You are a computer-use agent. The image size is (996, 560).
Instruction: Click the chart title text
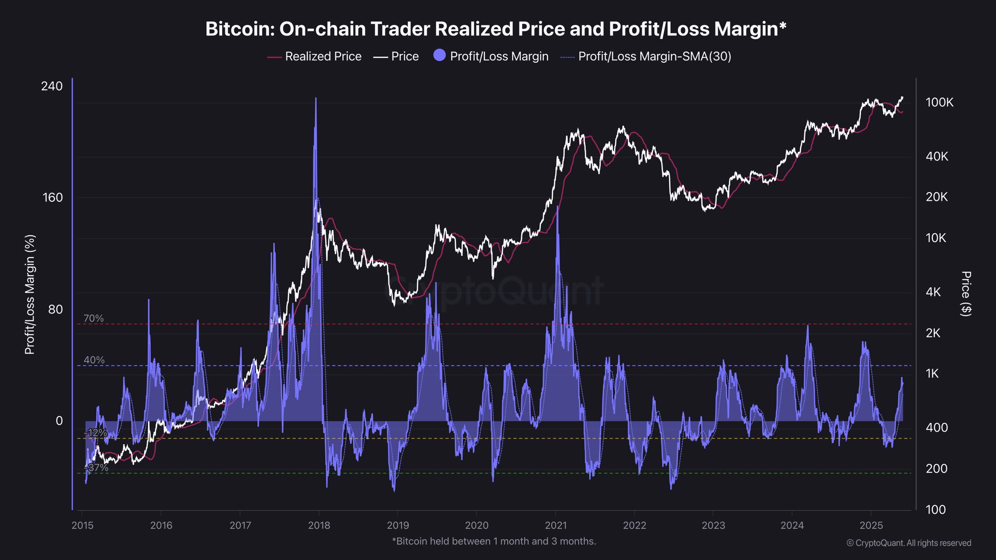coord(496,29)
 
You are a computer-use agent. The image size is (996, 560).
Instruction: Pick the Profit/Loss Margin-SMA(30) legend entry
coord(646,56)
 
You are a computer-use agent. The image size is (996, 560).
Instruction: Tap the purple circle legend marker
coord(439,55)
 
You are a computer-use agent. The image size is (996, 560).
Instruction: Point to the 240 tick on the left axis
coord(52,86)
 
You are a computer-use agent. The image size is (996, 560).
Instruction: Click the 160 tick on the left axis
coord(52,197)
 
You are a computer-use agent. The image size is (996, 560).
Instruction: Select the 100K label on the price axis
coord(939,103)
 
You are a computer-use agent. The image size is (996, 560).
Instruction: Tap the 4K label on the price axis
coord(933,292)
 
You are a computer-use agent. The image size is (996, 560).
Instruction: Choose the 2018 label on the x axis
coord(319,525)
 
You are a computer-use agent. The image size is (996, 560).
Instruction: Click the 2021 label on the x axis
coord(555,525)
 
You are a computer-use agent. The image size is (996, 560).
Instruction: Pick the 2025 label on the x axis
coord(871,525)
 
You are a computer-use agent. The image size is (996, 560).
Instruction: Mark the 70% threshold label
coord(93,318)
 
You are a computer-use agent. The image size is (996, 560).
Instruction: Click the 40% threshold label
coord(94,360)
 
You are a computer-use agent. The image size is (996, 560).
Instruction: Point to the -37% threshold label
coord(96,468)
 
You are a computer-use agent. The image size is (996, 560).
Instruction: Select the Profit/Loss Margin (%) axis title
coord(30,295)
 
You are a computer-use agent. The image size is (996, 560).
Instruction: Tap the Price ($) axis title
coord(966,294)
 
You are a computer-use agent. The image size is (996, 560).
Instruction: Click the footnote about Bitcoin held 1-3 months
coord(494,541)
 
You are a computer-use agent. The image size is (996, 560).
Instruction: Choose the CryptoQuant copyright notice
coord(908,543)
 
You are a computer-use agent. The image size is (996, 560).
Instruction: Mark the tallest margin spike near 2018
coord(316,99)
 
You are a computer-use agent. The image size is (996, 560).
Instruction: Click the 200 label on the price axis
coord(936,469)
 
